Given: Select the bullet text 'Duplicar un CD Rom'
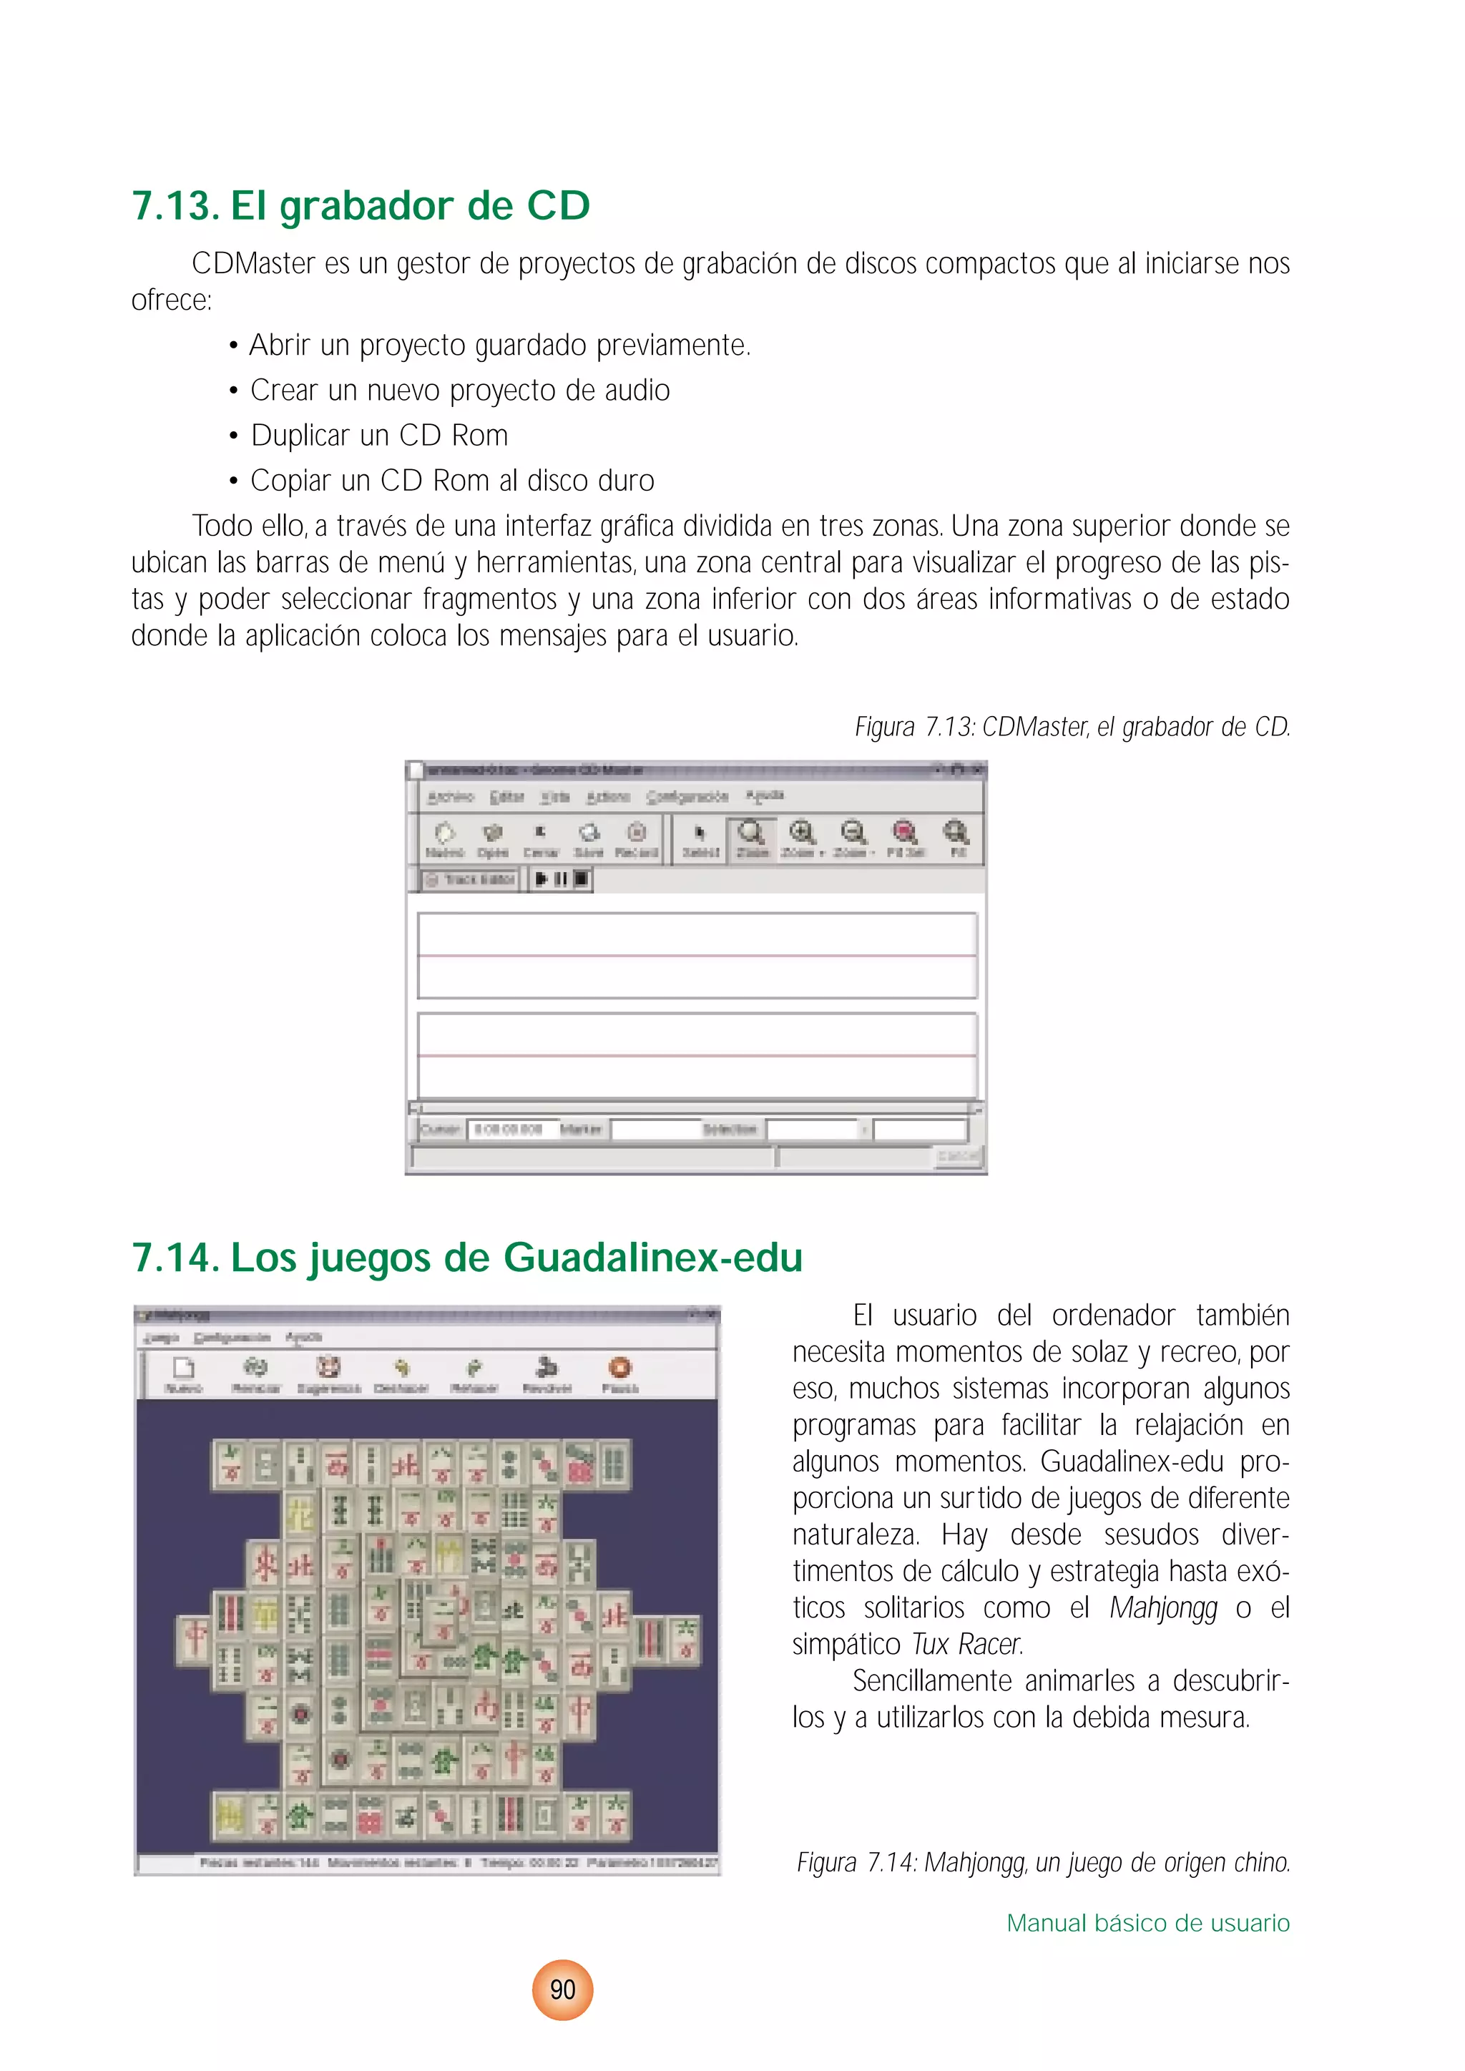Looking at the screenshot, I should [x=379, y=436].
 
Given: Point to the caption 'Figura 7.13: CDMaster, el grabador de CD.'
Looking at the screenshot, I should [x=1072, y=727].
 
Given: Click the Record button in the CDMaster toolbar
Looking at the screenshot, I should [x=637, y=839].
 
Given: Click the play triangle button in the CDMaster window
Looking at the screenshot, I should [x=542, y=878].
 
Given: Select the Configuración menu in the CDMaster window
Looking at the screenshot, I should [x=687, y=796].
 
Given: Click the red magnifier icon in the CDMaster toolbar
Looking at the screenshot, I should [x=905, y=833].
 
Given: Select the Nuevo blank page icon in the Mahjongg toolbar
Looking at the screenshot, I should [x=184, y=1369].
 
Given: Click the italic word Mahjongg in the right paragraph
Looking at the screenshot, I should [x=1163, y=1608].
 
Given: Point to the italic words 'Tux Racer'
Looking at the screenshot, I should [x=966, y=1645].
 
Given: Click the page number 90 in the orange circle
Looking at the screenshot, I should [x=562, y=1990].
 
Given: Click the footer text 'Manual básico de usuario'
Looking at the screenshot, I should [x=1147, y=1923].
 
